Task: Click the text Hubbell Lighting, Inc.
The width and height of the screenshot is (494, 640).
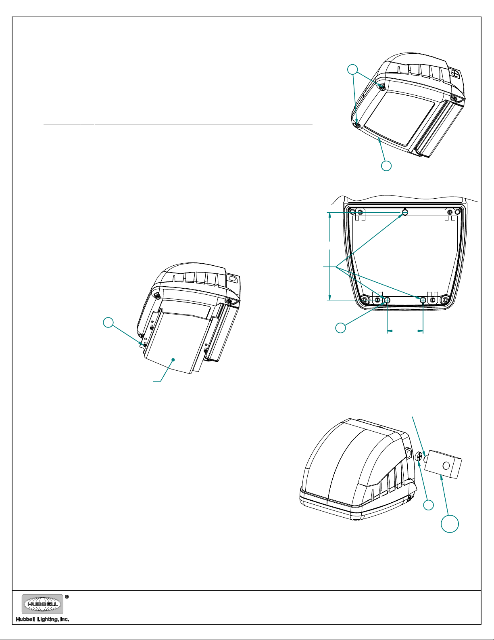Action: click(43, 619)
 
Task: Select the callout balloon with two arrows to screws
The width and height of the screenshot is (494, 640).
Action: click(353, 69)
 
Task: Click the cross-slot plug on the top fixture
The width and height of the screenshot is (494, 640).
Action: click(455, 73)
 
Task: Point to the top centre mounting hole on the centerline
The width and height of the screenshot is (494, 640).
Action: click(405, 212)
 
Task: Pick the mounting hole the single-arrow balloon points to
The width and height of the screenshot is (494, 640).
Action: click(387, 300)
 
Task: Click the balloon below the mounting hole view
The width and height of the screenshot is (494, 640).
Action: click(341, 327)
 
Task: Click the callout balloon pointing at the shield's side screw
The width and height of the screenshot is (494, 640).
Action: click(108, 322)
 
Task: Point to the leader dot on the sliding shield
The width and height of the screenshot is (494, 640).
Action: click(173, 359)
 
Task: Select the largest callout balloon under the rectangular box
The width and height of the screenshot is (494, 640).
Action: click(450, 523)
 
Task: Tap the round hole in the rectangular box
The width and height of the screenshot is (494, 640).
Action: click(446, 466)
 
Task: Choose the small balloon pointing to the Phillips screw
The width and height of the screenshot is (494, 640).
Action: click(428, 505)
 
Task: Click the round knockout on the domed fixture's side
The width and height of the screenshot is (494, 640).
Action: click(408, 455)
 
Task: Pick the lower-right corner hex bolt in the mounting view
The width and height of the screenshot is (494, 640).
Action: click(445, 300)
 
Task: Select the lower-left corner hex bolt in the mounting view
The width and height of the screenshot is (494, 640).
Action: click(364, 300)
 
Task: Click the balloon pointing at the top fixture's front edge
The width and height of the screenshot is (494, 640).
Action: click(386, 166)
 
